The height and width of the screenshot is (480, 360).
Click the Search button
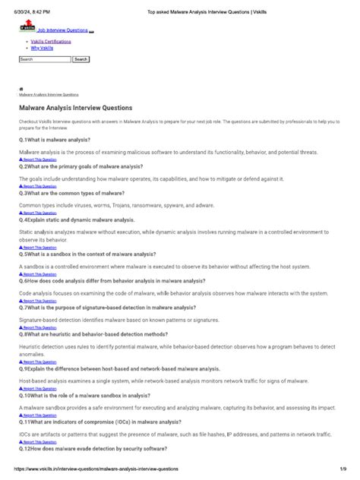(x=81, y=59)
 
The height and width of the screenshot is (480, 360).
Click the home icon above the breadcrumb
(x=21, y=88)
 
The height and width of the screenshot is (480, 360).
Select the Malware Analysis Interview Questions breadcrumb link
(x=49, y=95)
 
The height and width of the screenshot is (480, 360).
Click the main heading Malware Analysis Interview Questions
(x=75, y=109)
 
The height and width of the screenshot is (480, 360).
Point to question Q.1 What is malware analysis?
(x=55, y=140)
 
